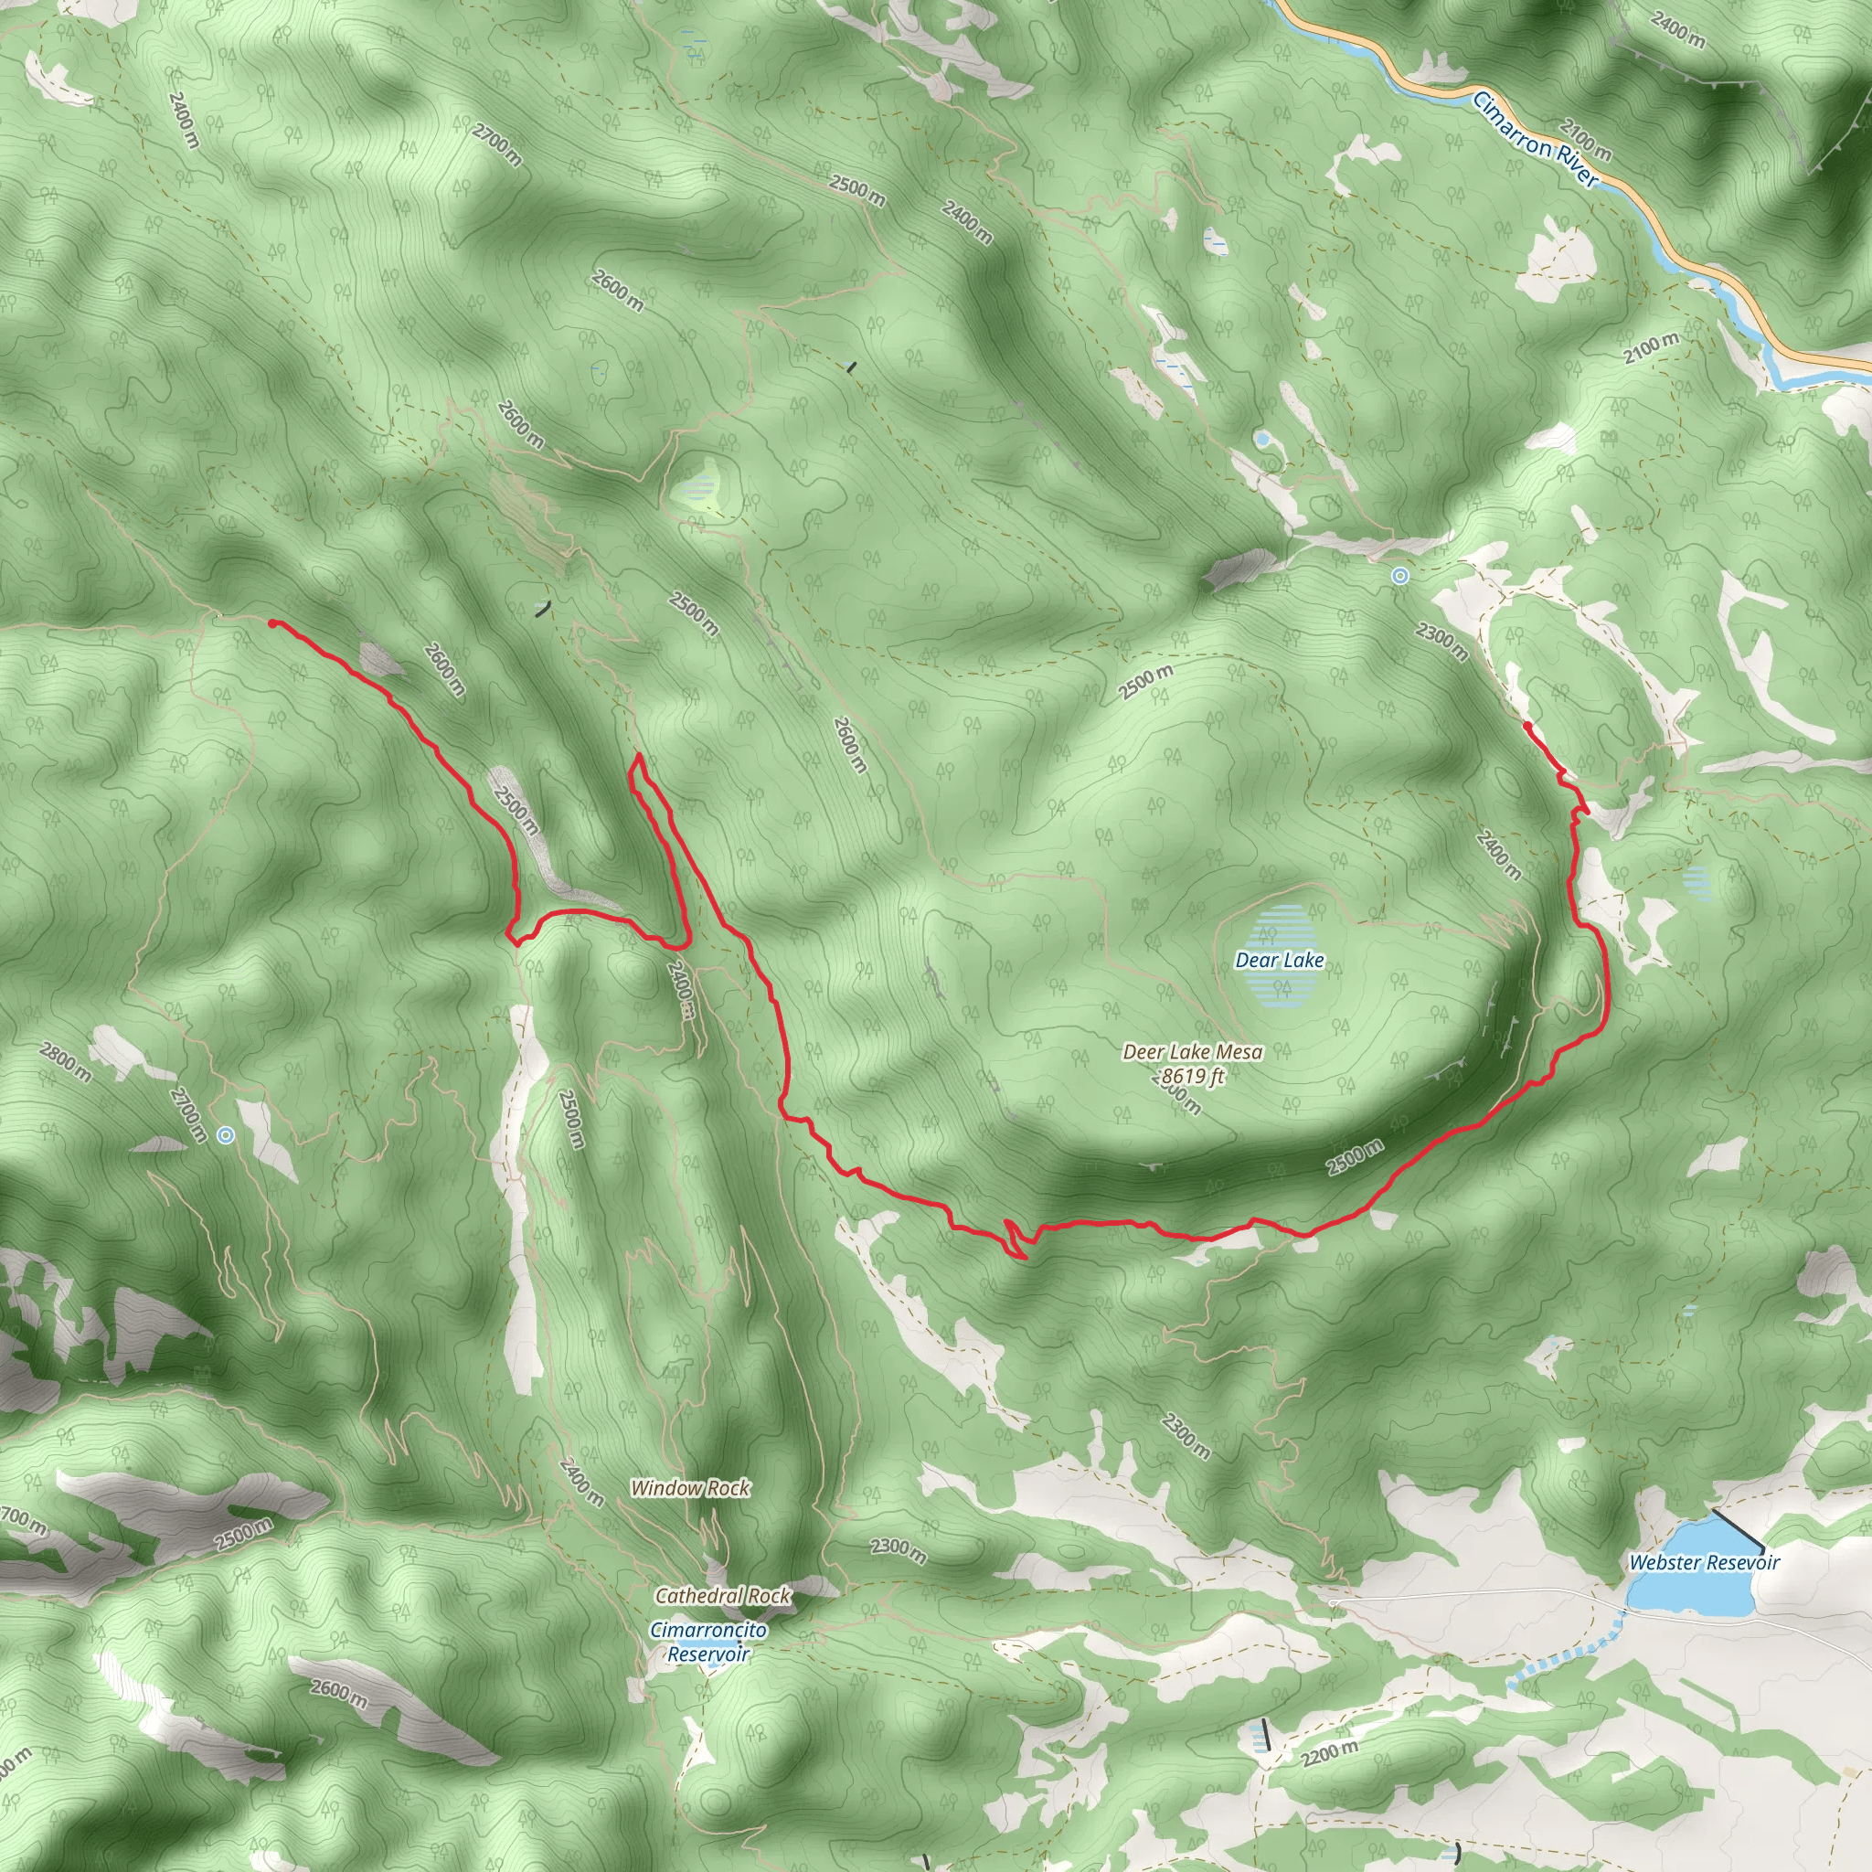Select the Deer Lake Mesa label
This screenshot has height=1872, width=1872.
(1192, 1051)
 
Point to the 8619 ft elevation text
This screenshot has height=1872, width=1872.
(1193, 1076)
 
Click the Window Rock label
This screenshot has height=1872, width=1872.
(690, 1487)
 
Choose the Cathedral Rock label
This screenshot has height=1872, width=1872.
(723, 1595)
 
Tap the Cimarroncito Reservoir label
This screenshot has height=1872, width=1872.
(708, 1642)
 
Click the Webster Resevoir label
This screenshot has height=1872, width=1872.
(1705, 1562)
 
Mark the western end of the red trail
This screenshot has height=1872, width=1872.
(272, 623)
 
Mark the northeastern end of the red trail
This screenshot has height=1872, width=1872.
(1526, 725)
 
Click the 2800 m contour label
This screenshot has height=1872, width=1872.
(66, 1061)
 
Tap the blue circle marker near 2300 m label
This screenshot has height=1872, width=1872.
(1399, 576)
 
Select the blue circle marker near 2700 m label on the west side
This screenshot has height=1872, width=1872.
(226, 1134)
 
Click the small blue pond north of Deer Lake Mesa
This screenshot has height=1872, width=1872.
(1261, 439)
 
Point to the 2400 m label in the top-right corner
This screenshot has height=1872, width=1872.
(1678, 29)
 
